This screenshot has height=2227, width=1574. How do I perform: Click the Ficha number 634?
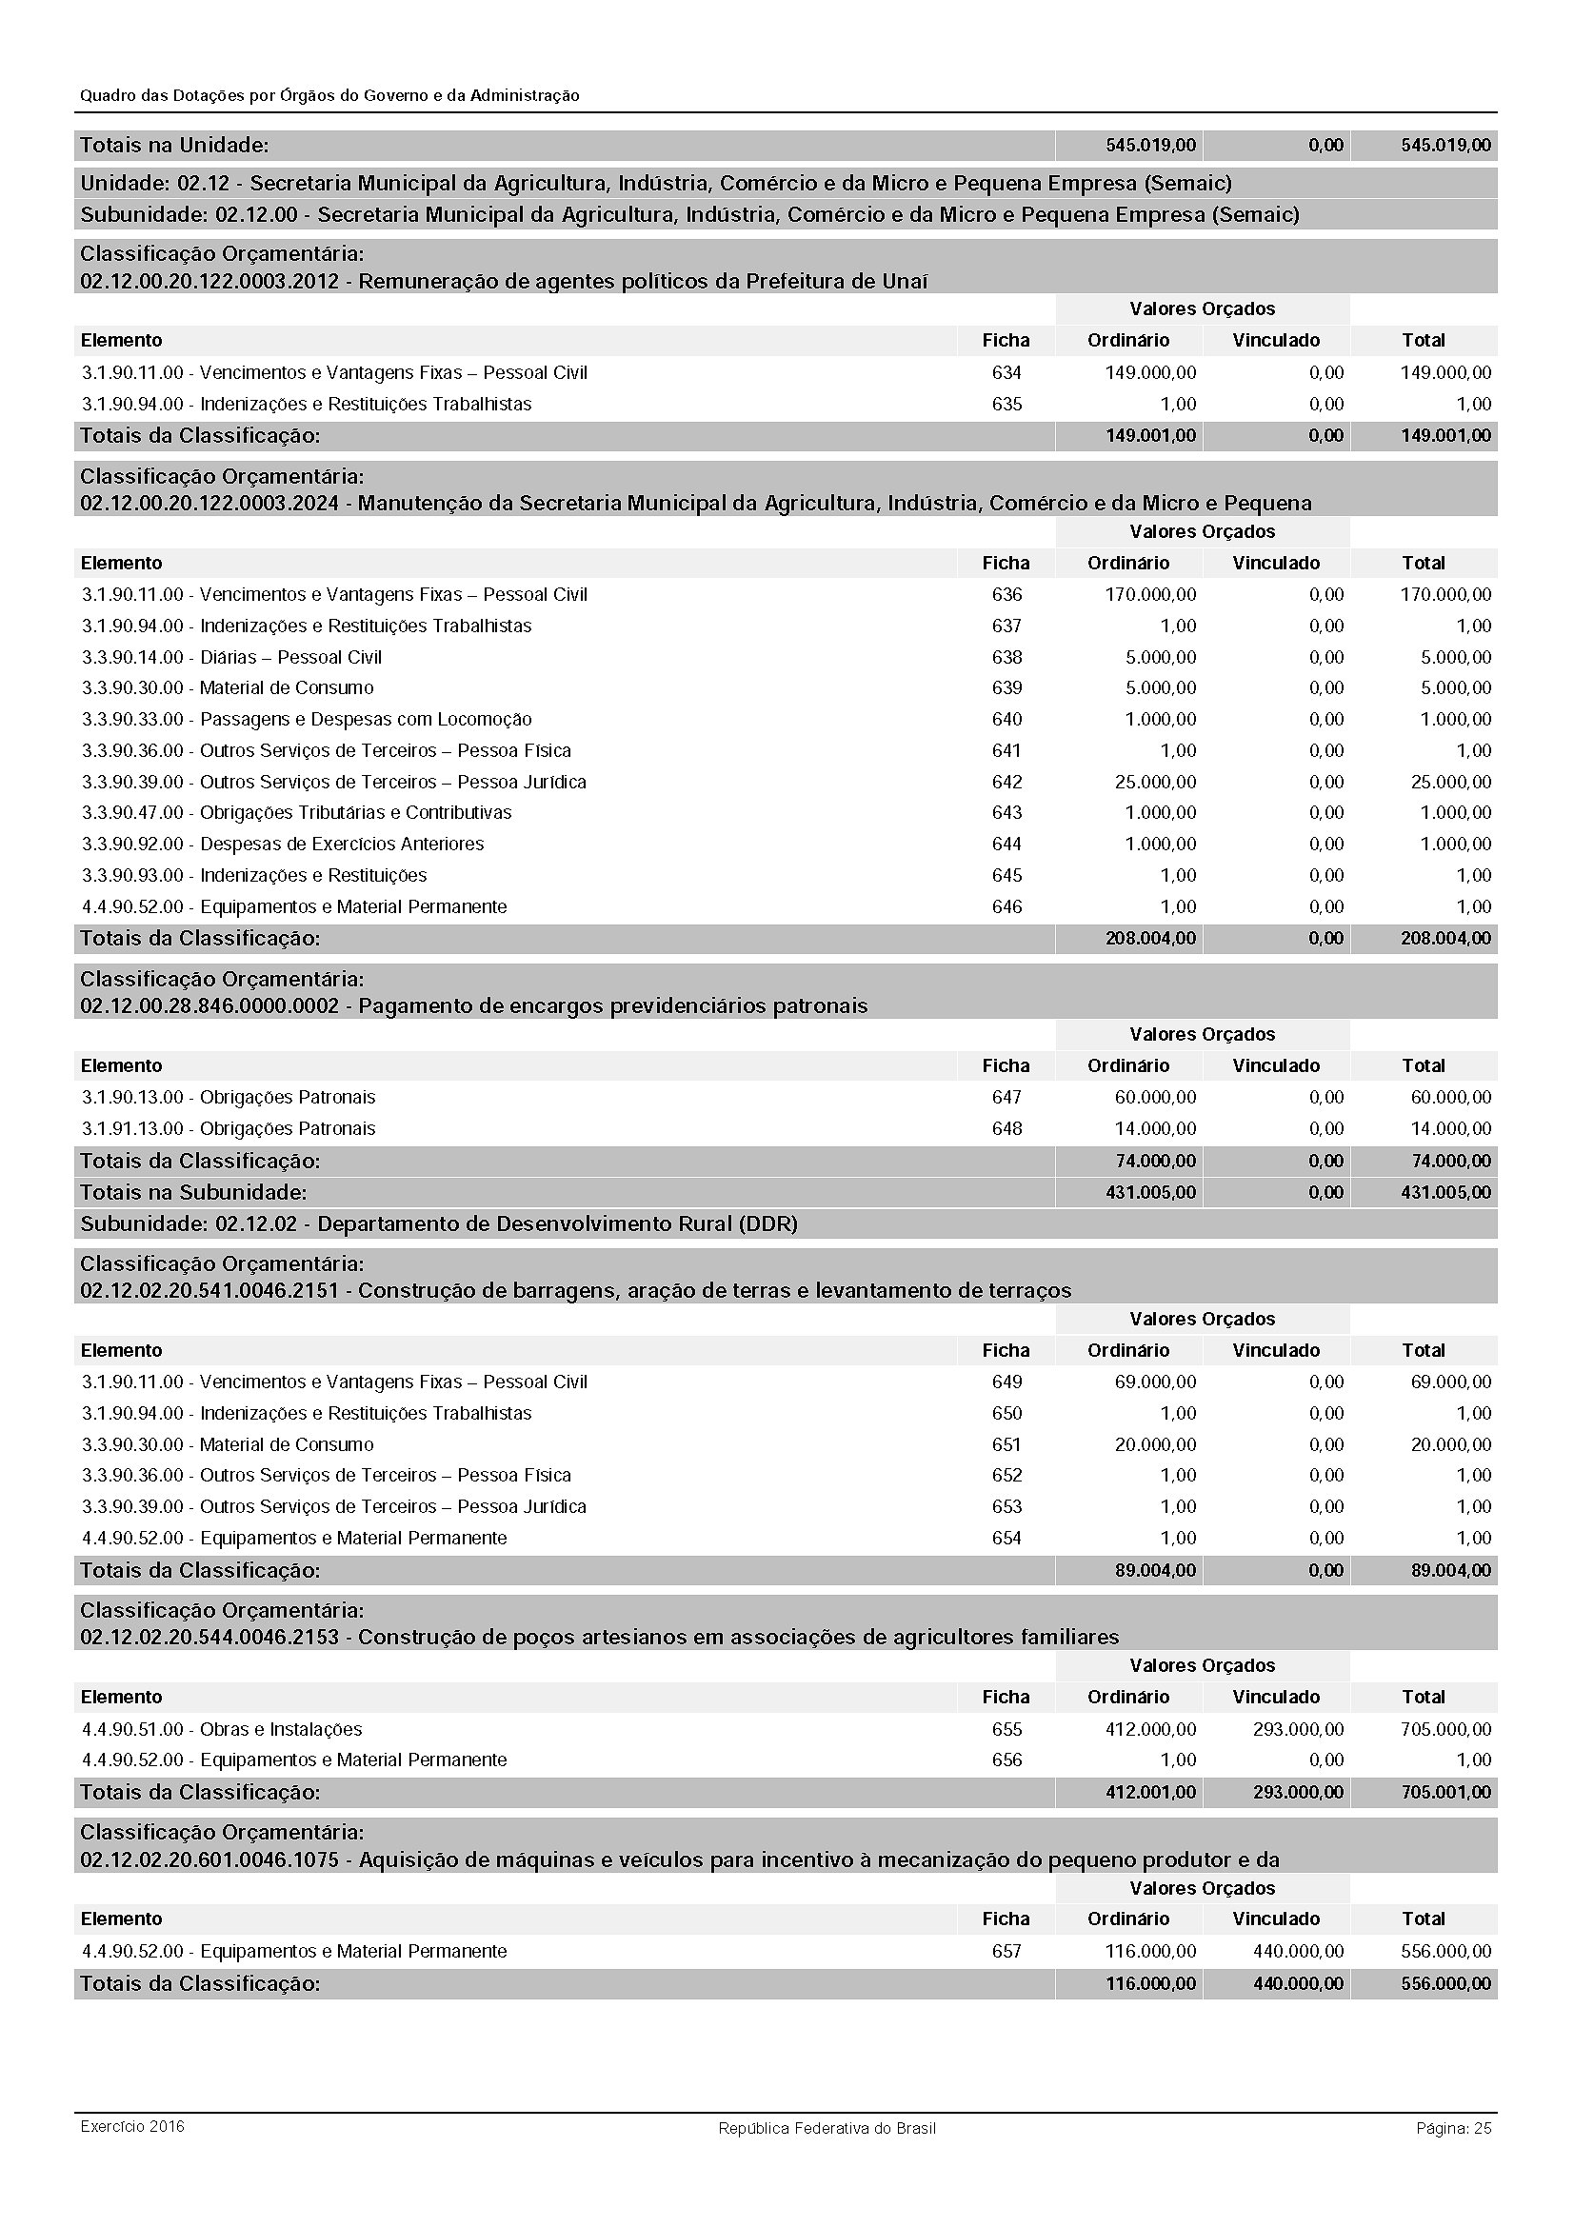[1006, 372]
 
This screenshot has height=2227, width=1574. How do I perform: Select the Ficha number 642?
[1006, 782]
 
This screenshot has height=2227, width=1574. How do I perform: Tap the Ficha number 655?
[1006, 1728]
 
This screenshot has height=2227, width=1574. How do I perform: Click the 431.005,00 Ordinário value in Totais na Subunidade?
[1150, 1192]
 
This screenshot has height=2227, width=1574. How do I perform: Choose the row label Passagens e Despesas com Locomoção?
[366, 719]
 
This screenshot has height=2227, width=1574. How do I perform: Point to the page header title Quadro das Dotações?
[329, 95]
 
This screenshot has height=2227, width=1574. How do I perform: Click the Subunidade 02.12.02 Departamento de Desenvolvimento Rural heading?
[438, 1224]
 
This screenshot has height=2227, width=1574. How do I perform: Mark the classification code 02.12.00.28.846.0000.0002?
[209, 1005]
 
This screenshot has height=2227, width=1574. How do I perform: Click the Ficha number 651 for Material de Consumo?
[1006, 1444]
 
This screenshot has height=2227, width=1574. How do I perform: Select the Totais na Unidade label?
[174, 146]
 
